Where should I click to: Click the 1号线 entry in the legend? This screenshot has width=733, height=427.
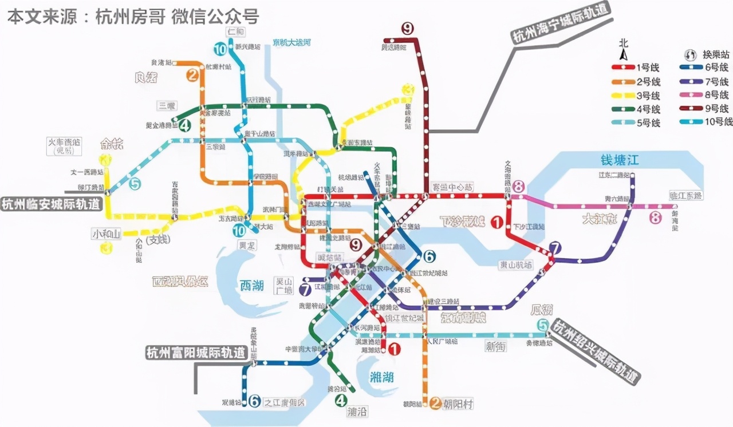coord(635,68)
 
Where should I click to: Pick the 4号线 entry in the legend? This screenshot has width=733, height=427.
coord(635,109)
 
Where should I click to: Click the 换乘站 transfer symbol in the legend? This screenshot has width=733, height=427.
coord(691,56)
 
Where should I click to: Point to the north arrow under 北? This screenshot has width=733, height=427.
coord(624,55)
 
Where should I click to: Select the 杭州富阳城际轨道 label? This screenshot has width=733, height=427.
coord(195,352)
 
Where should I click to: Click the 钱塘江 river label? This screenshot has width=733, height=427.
coord(619,160)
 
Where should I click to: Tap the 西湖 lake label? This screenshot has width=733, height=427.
coord(251,285)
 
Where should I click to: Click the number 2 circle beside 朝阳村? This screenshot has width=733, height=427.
coord(435,404)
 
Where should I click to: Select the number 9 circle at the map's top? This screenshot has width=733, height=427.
coord(407,28)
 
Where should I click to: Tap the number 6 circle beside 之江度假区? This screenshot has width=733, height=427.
coord(254,402)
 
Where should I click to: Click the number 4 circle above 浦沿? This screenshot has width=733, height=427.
coord(341,401)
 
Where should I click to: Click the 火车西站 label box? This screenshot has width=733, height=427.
coord(65,146)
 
